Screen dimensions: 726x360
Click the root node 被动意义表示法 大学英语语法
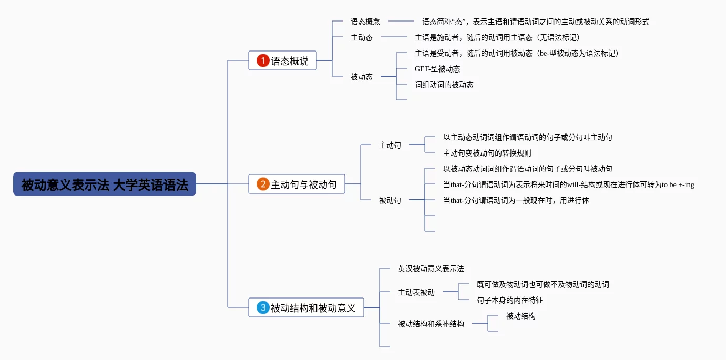pos(105,184)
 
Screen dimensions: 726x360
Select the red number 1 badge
pos(263,60)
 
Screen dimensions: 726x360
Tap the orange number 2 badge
pos(263,184)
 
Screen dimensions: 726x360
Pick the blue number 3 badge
pos(263,307)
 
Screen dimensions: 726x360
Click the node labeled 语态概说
pos(282,60)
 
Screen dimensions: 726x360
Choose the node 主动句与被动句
pos(296,184)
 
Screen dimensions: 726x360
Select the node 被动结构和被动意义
pos(306,307)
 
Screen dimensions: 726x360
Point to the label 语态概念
pos(365,22)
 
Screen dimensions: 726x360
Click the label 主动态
pos(362,38)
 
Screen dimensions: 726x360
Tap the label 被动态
pos(362,77)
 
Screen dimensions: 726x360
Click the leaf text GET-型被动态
pos(437,69)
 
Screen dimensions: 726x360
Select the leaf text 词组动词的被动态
pos(444,85)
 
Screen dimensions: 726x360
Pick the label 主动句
pos(390,145)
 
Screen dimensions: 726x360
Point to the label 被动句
pos(390,200)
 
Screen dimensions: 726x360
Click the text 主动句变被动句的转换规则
pos(487,153)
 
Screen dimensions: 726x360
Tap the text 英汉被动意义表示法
pos(431,269)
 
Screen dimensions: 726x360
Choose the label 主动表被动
pos(416,292)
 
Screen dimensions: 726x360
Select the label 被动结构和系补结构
pos(431,324)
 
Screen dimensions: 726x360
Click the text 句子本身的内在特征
pos(509,300)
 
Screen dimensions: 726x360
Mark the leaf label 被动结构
pos(521,316)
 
